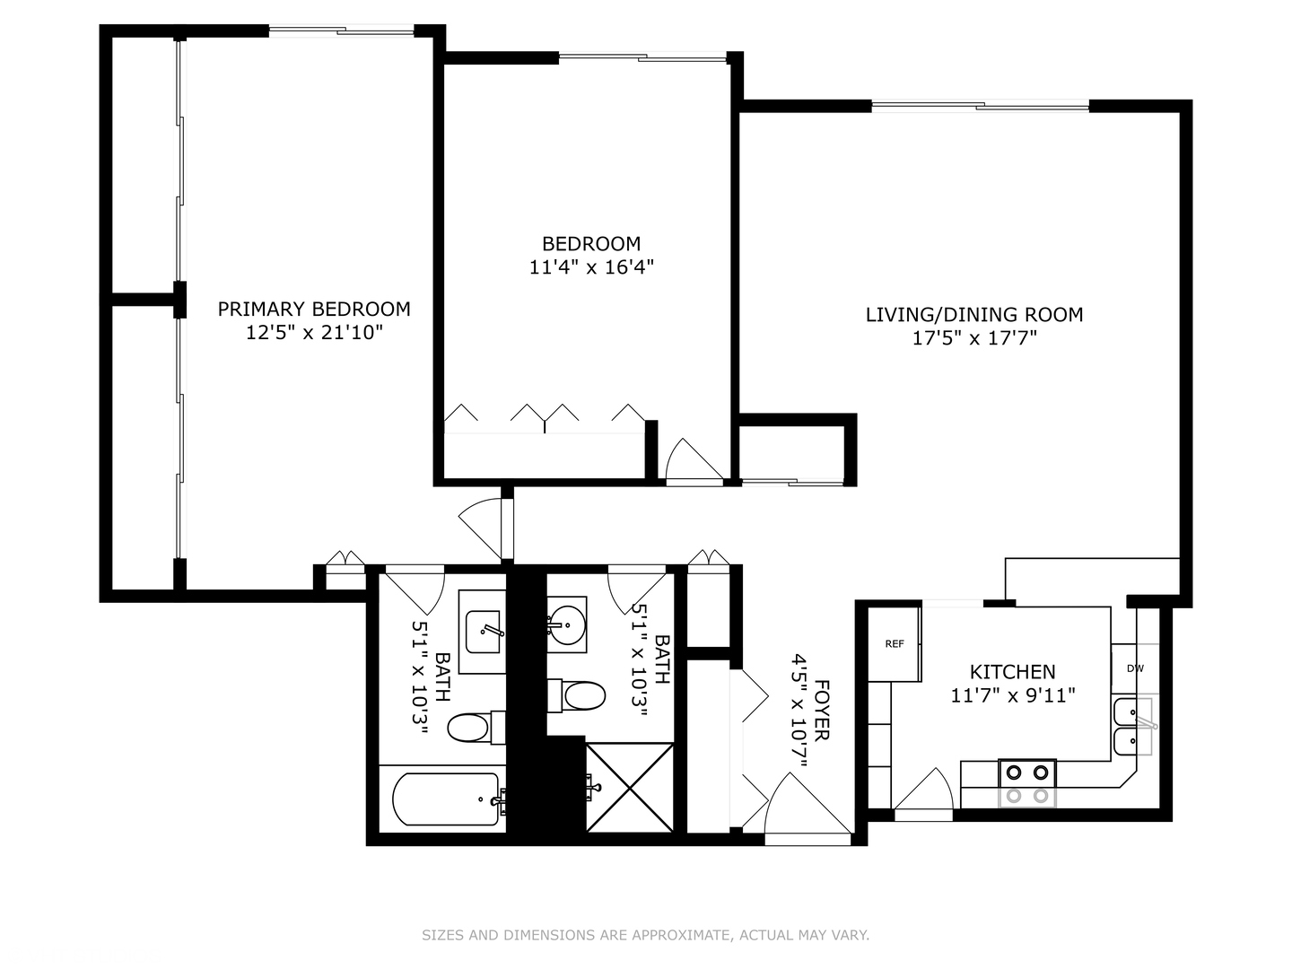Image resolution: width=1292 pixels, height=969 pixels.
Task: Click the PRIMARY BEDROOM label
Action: click(x=314, y=309)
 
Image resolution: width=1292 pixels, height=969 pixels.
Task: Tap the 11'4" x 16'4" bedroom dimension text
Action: click(x=591, y=266)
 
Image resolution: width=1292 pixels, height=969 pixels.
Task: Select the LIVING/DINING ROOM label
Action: click(x=973, y=314)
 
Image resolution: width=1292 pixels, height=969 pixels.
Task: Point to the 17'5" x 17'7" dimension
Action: click(x=974, y=338)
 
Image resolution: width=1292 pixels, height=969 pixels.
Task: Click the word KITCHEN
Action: click(x=1012, y=671)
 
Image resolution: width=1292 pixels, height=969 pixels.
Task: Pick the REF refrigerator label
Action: click(x=894, y=644)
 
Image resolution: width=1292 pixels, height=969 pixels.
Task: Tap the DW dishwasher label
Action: click(x=1135, y=668)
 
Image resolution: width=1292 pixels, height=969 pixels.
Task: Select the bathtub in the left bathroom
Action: click(x=446, y=799)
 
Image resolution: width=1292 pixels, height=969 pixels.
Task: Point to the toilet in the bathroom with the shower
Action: click(x=578, y=695)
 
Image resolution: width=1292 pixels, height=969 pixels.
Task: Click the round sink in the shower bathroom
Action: click(x=567, y=619)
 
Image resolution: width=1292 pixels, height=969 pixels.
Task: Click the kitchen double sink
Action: click(x=1132, y=729)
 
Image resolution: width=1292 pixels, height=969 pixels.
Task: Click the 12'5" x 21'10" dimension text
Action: click(x=314, y=333)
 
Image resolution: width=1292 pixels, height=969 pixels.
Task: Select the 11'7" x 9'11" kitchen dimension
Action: click(x=1012, y=695)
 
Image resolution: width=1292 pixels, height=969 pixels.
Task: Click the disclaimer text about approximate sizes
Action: click(x=645, y=935)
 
